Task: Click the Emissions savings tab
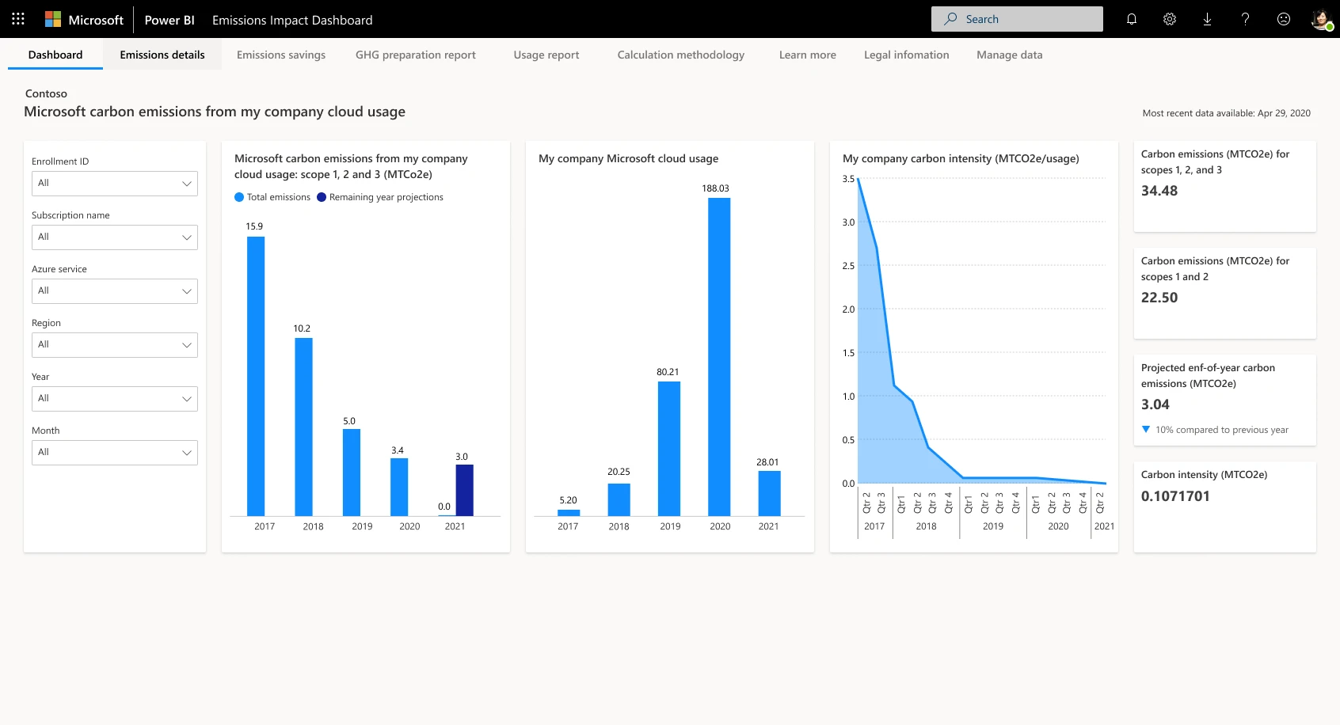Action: pos(280,55)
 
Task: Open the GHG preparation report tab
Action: pos(415,55)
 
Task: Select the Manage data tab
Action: pos(1009,55)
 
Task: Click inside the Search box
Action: pos(1022,19)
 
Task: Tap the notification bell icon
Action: pos(1131,19)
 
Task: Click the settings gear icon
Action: pos(1169,19)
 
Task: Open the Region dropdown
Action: pos(115,344)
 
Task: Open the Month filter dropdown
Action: pos(115,452)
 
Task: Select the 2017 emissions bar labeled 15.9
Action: pos(256,376)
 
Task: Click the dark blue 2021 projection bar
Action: pos(464,490)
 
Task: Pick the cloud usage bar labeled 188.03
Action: pos(719,356)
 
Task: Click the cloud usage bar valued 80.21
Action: pos(668,448)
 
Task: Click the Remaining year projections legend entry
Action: pos(386,197)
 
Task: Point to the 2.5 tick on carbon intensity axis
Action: pos(848,266)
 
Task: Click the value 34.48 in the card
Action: pos(1159,191)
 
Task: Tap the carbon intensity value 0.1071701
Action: pos(1175,496)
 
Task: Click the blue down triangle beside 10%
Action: pos(1145,430)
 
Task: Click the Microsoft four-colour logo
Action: pos(53,19)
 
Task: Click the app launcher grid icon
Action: pos(18,19)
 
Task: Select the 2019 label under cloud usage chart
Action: pos(670,526)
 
